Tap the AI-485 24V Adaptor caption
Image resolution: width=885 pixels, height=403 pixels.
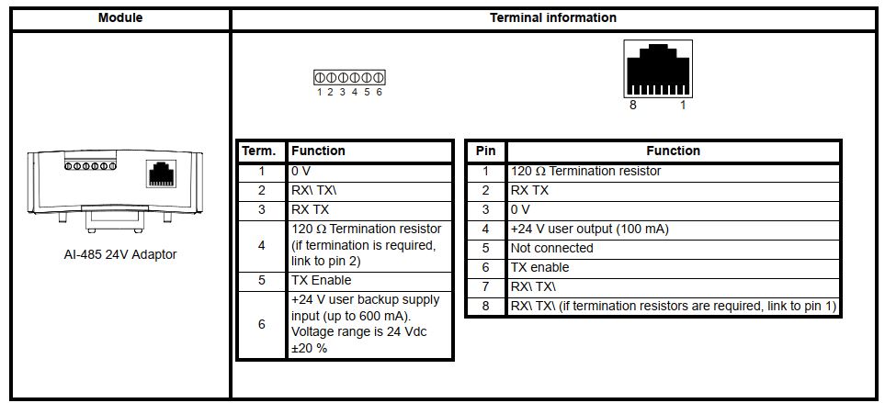click(x=115, y=254)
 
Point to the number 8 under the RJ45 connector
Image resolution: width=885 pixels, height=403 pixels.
click(x=632, y=106)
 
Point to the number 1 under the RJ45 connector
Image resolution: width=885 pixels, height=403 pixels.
click(x=682, y=106)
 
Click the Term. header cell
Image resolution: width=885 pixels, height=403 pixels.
click(x=260, y=151)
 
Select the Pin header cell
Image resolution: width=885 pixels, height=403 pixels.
click(x=485, y=151)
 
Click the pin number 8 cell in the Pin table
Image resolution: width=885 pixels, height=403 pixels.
click(x=485, y=306)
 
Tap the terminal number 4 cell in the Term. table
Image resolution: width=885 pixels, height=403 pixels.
click(x=260, y=245)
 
